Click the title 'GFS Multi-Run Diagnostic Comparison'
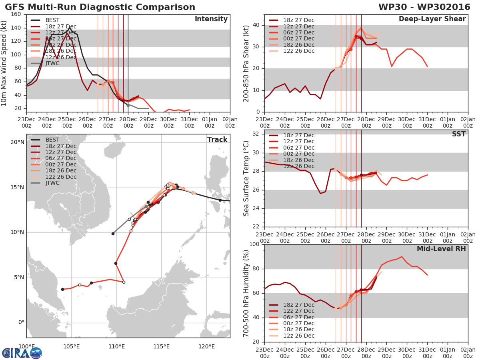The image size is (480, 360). pos(100,7)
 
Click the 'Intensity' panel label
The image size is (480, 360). pos(211,19)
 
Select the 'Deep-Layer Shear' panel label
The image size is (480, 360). pos(432,19)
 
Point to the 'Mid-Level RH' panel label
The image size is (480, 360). pos(441,249)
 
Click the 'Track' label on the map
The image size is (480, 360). pos(217,140)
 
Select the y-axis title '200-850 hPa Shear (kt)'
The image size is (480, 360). pos(246,63)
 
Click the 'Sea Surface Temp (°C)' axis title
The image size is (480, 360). pos(246,178)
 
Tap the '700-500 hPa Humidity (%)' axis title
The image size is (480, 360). pos(246,293)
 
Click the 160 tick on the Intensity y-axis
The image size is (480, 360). pos(16,14)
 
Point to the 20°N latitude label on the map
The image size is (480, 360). pos(18,142)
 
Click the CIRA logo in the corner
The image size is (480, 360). pos(22,353)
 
